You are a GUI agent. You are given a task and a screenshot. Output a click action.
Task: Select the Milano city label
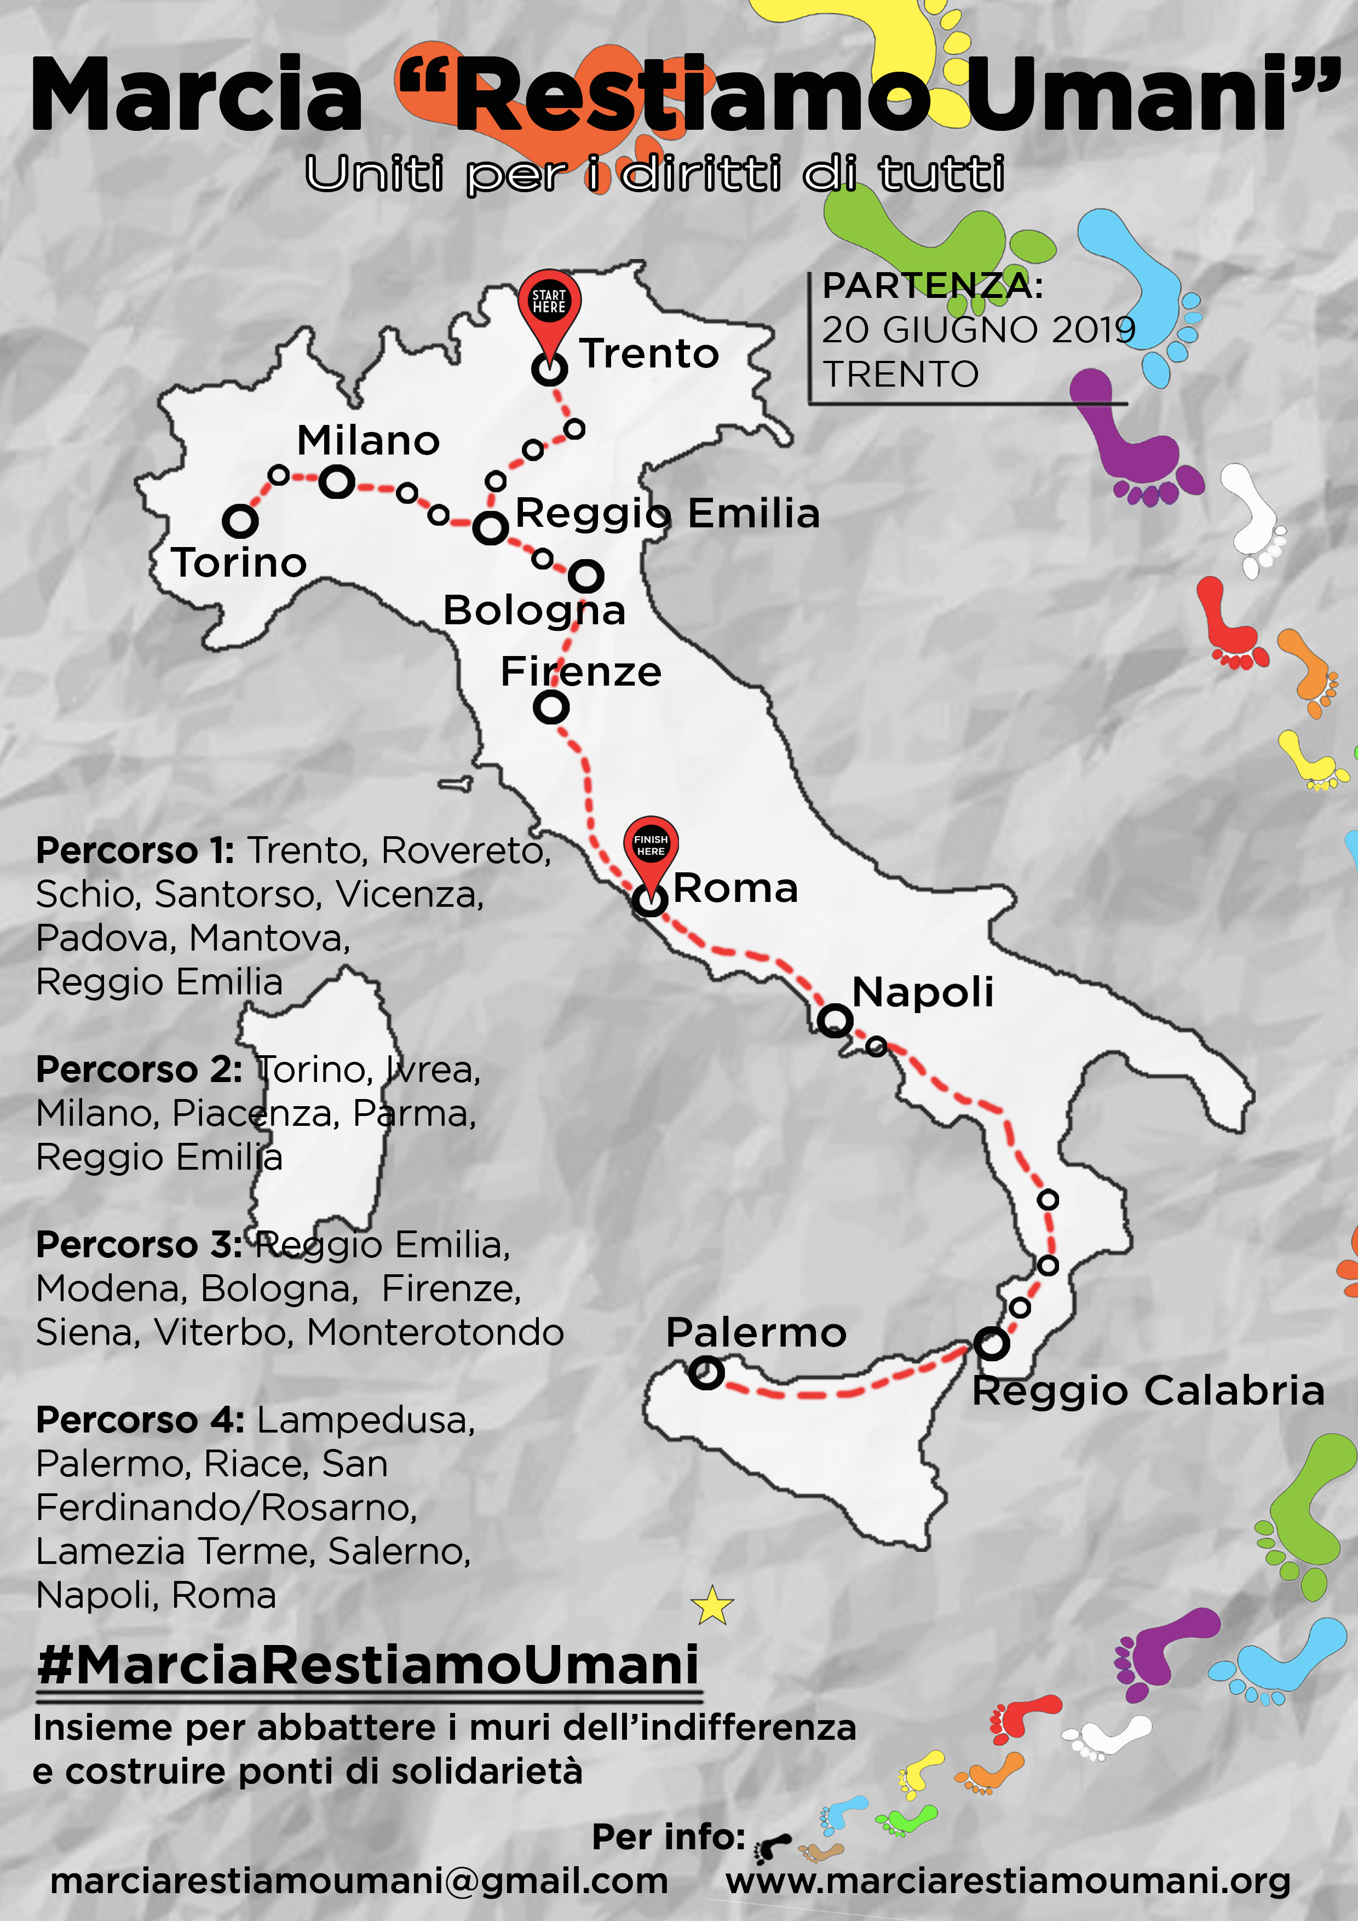368,441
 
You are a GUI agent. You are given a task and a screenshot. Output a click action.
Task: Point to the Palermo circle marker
706,1372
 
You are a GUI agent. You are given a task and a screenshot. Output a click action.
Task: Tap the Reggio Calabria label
1147,1392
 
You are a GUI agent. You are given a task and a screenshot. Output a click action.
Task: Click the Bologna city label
534,611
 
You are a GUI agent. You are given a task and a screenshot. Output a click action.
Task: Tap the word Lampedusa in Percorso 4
366,1420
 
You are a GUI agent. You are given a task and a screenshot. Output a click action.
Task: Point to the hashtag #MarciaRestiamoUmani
368,1664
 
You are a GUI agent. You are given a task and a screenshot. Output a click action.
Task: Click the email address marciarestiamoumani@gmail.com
359,1881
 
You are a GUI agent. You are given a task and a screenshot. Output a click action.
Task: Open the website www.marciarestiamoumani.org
1008,1881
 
